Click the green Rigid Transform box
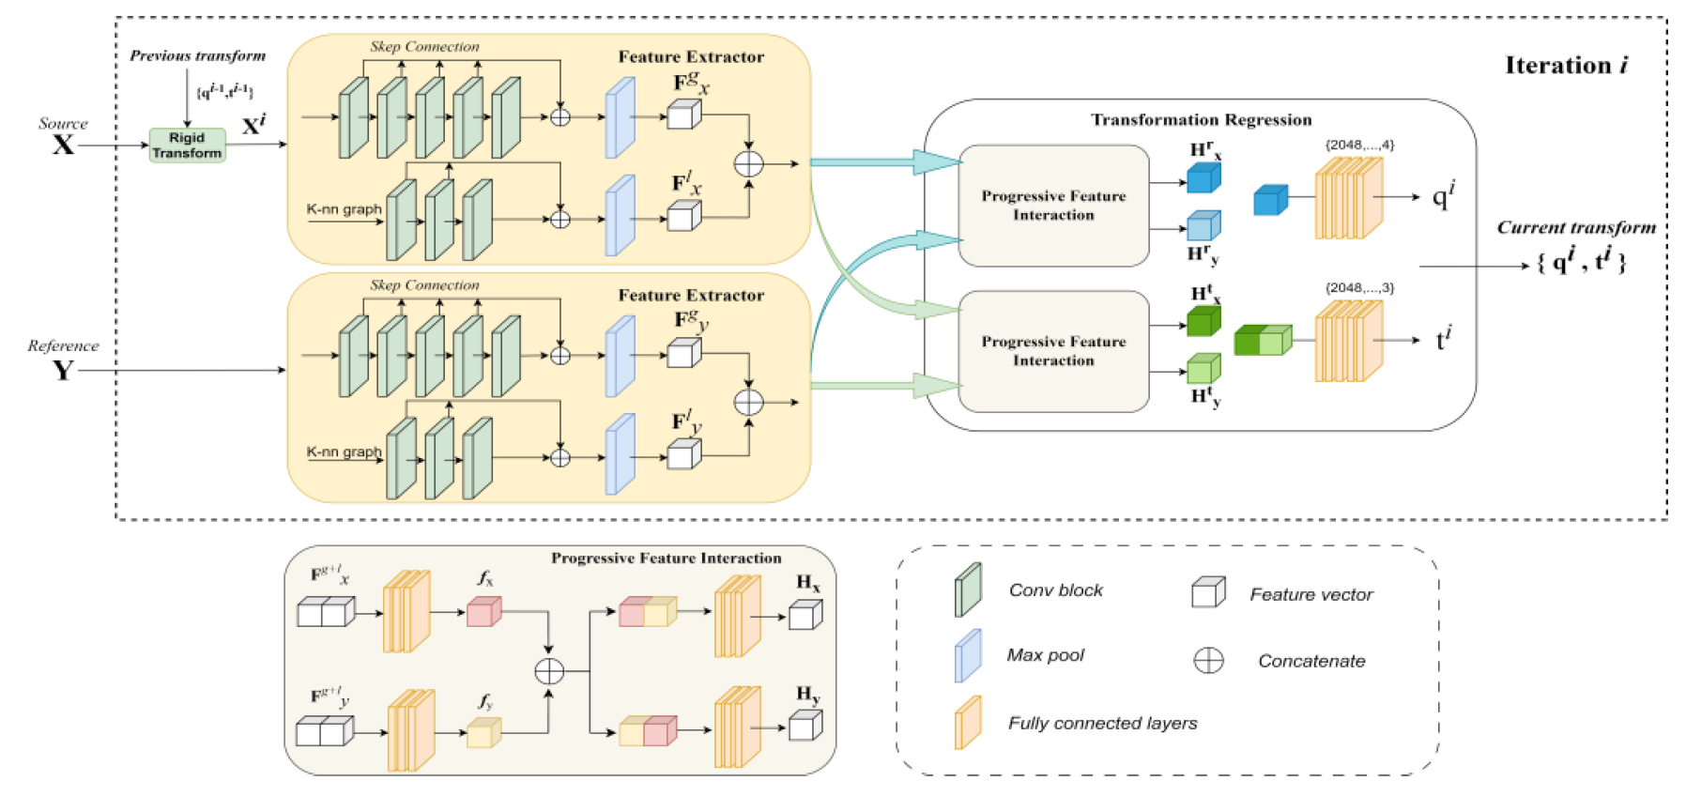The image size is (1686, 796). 187,145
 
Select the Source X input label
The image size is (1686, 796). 63,137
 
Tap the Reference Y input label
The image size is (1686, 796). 63,361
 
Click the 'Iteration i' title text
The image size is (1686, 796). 1566,65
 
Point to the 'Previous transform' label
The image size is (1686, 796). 197,56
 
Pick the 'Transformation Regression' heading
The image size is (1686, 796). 1201,120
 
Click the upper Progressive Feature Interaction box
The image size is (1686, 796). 1053,206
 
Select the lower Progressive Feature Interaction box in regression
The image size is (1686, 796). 1053,351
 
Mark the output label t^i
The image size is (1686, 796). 1444,339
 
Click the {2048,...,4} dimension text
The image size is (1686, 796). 1359,145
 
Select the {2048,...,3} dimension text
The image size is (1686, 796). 1359,288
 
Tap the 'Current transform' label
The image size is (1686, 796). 1575,227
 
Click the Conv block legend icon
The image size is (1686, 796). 968,589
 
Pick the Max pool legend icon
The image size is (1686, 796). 968,655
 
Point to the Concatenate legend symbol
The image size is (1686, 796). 1208,661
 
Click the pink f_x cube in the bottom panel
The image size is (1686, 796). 483,612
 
